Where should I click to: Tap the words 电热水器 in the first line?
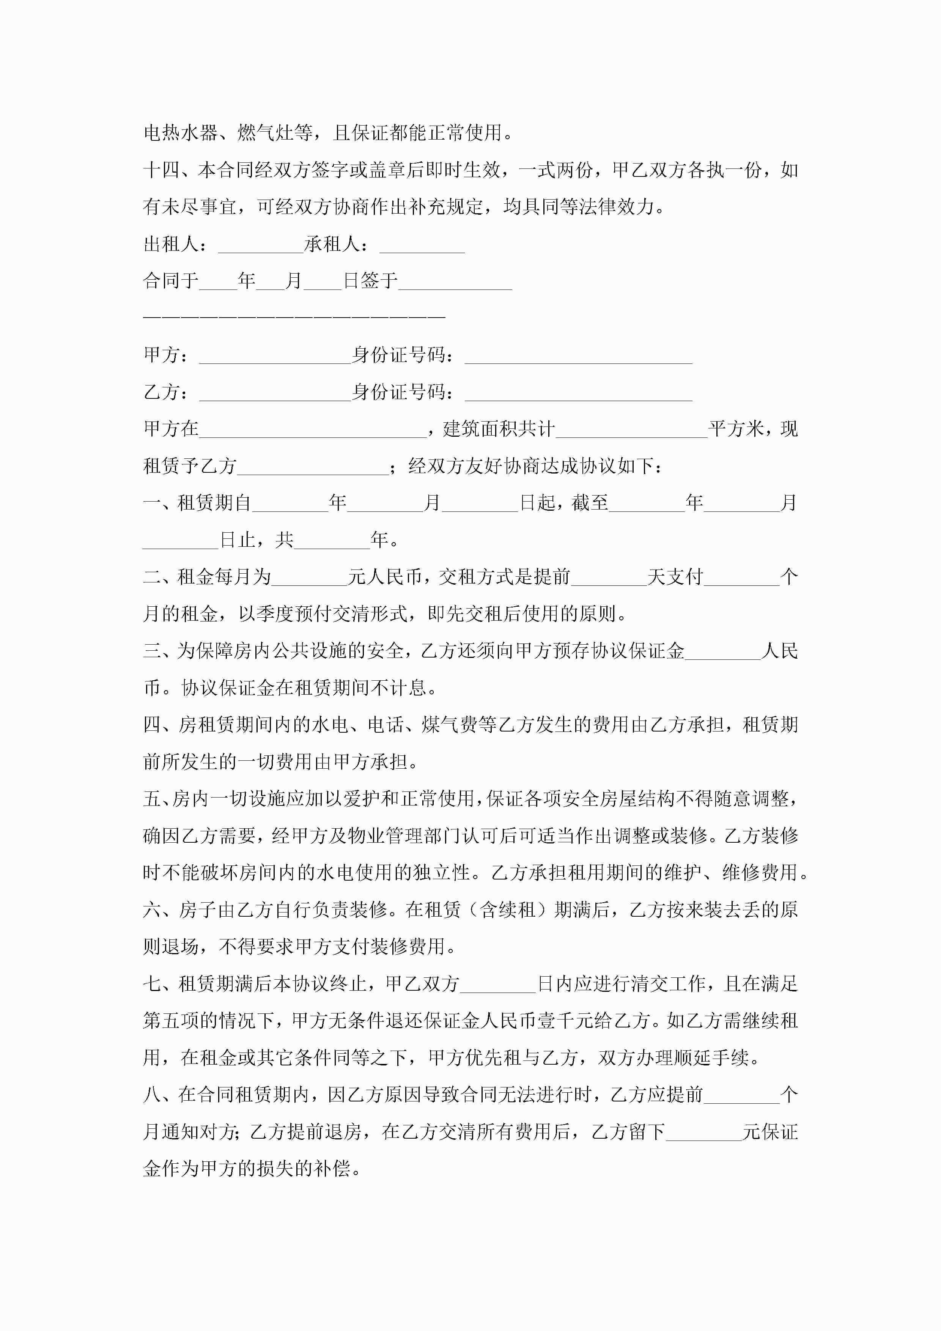point(180,133)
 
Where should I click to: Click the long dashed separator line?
point(294,316)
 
